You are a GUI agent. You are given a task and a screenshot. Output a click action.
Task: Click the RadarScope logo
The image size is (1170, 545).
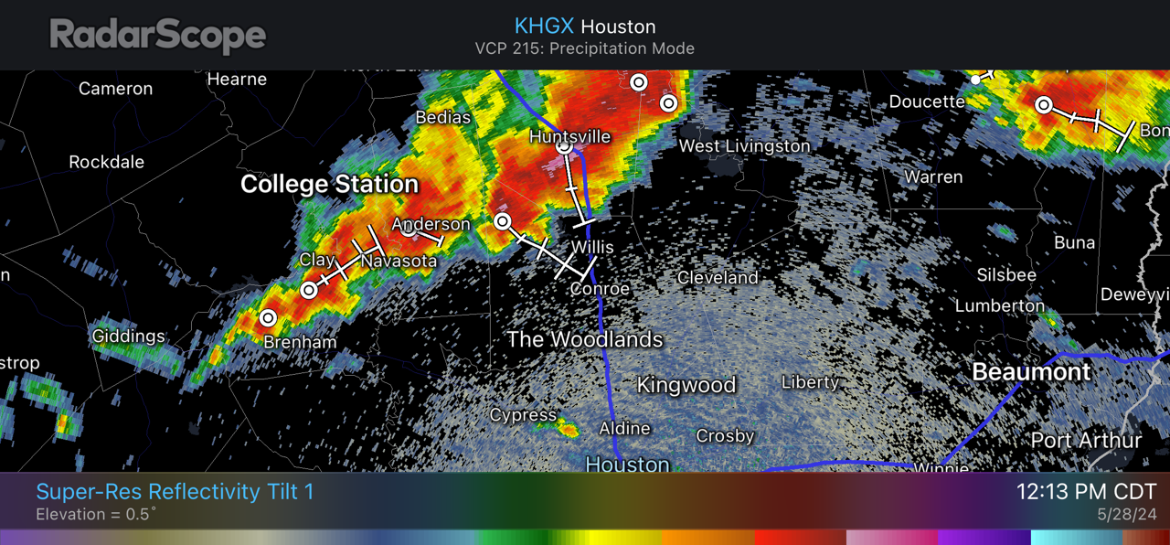point(157,36)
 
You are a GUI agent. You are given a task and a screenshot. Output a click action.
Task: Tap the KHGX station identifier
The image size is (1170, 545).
point(544,26)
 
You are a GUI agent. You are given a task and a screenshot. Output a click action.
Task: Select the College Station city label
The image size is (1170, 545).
point(329,185)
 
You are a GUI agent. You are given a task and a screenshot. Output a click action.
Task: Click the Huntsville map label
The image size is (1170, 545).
point(569,136)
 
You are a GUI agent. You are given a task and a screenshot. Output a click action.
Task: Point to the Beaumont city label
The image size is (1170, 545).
point(1030,372)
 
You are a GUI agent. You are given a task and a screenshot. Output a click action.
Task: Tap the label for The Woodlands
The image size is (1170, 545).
point(585,340)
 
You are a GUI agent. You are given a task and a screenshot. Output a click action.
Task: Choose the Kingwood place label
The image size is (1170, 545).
point(686,385)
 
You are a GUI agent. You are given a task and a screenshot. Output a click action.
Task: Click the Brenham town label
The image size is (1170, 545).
point(300,342)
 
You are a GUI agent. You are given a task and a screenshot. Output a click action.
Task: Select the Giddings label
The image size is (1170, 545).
point(129,337)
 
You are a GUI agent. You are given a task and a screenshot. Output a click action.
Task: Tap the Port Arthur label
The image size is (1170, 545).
point(1086,441)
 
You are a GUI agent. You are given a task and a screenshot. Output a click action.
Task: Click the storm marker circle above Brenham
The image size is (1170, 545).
point(268,318)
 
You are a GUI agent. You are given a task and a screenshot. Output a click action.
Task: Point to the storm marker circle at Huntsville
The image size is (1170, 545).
point(565,146)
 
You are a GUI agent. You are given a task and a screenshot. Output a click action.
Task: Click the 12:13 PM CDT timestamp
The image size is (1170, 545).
point(1086,492)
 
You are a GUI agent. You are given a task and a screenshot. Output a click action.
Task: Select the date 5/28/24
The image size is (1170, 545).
point(1126,515)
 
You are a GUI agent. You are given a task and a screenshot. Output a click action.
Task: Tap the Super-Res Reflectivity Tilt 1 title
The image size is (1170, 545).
point(175,492)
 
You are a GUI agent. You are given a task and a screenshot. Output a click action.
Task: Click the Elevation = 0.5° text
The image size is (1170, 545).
point(96,515)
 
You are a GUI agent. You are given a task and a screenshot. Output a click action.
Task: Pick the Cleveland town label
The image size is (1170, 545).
point(718,277)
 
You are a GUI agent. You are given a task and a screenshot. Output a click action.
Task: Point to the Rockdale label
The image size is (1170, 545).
point(107,162)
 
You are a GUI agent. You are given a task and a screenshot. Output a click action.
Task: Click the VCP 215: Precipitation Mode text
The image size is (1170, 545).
point(584,48)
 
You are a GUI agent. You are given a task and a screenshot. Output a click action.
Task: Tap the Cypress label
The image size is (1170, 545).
point(523,415)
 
